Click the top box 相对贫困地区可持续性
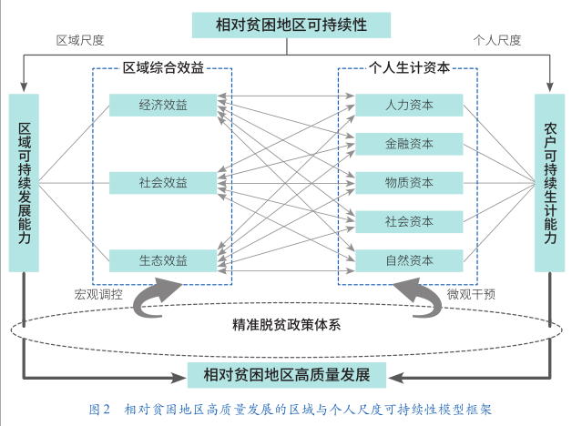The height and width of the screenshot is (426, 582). coord(291,25)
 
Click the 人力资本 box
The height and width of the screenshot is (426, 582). coord(409,105)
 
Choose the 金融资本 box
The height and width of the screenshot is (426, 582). coord(409,144)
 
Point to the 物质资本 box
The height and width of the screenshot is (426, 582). coord(409,183)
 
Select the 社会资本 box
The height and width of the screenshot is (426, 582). coord(409,222)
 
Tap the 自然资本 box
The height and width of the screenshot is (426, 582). coord(409,261)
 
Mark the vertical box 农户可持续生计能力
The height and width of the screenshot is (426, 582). coord(550,182)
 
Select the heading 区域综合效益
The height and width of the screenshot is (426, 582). coord(163,67)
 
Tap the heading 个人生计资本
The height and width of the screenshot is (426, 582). coord(409,67)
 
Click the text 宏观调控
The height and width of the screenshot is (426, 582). coord(97,294)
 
